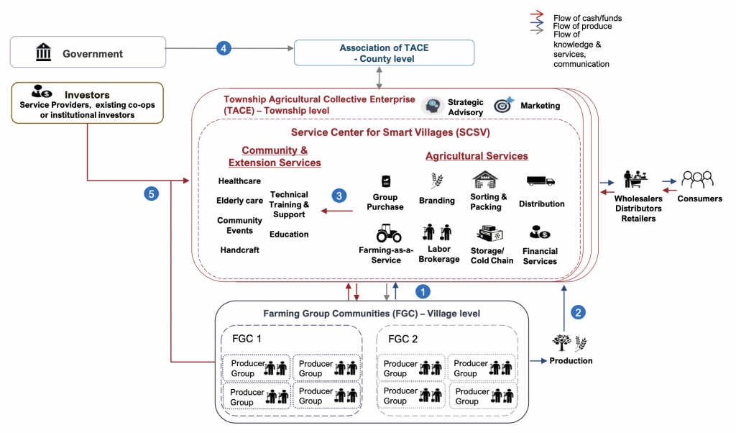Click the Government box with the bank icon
pos(87,53)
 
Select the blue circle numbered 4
pos(224,49)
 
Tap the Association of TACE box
pos(385,53)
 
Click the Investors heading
pos(87,94)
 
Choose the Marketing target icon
pos(503,105)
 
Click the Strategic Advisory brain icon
pos(431,105)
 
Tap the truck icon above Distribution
pos(540,181)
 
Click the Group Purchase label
pos(386,202)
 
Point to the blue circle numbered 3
pos(339,195)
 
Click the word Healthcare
pos(239,181)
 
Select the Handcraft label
pos(239,250)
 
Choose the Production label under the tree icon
pos(571,360)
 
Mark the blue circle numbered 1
pos(423,291)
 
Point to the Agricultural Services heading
pos(477,156)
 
